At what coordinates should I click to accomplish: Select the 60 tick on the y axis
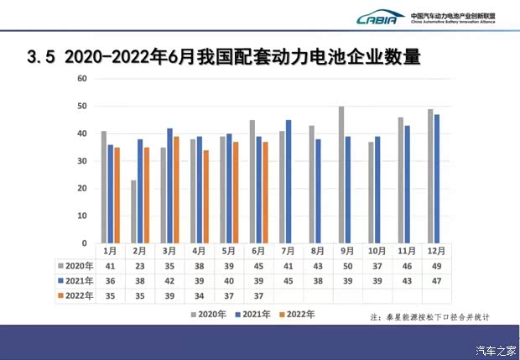(x=82, y=79)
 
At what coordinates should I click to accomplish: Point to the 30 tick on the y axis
(x=82, y=161)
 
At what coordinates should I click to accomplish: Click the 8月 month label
(x=316, y=250)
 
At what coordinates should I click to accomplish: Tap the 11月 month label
(x=406, y=250)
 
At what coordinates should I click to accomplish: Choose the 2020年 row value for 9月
(x=346, y=266)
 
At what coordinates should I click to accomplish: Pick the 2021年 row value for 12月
(x=436, y=281)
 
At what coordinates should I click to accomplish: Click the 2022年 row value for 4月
(x=198, y=296)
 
